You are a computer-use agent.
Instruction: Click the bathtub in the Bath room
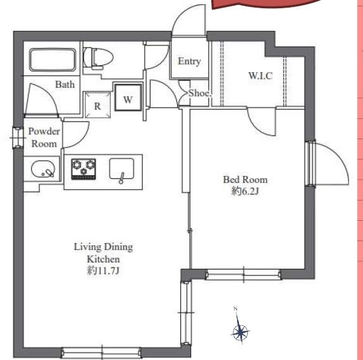(x=52, y=59)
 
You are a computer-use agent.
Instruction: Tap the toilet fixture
(x=98, y=58)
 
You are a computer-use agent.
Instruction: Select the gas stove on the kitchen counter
(x=83, y=169)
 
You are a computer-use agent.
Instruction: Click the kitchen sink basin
(x=121, y=169)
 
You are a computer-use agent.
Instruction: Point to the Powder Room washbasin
(x=43, y=169)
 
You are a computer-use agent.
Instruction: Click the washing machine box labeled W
(x=128, y=97)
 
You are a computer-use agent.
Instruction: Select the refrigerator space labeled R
(x=97, y=105)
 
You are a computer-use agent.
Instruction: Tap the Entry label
(x=189, y=61)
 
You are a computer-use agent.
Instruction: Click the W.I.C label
(x=261, y=76)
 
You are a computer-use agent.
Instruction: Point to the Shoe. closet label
(x=200, y=93)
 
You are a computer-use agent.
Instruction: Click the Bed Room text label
(x=245, y=180)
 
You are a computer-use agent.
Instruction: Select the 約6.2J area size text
(x=245, y=191)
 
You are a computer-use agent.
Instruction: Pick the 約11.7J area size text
(x=103, y=270)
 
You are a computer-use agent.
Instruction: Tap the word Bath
(x=65, y=85)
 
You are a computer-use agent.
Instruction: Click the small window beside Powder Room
(x=18, y=137)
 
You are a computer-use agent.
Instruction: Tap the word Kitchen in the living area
(x=103, y=259)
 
